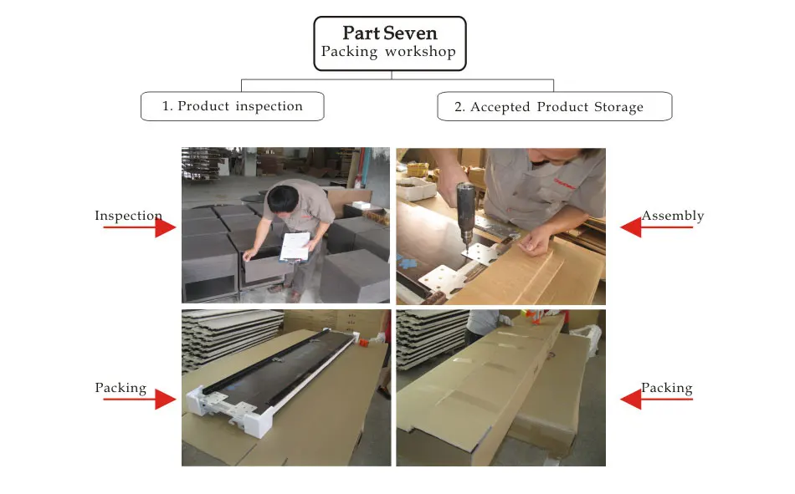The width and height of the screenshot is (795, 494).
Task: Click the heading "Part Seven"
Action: [x=389, y=33]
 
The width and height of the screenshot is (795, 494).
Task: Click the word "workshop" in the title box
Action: [x=420, y=52]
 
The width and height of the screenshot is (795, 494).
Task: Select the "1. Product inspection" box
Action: [x=232, y=106]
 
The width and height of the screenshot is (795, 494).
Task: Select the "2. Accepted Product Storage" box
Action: [x=555, y=106]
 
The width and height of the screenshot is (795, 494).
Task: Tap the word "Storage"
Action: [x=618, y=107]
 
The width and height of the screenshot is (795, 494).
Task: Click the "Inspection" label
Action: [x=128, y=216]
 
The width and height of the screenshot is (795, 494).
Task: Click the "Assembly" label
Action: [x=673, y=216]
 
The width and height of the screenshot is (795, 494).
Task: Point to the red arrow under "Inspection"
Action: [x=140, y=227]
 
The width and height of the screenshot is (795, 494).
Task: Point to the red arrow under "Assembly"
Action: [x=656, y=227]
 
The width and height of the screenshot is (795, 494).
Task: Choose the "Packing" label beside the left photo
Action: [x=121, y=388]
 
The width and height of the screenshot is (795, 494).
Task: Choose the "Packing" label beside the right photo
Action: [x=667, y=388]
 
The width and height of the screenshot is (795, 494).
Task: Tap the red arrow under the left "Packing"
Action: [x=140, y=400]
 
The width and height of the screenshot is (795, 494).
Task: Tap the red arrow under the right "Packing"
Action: [x=656, y=400]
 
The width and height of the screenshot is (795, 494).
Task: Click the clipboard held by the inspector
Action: [x=295, y=247]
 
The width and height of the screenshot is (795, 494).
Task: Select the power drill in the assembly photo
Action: [x=465, y=209]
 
